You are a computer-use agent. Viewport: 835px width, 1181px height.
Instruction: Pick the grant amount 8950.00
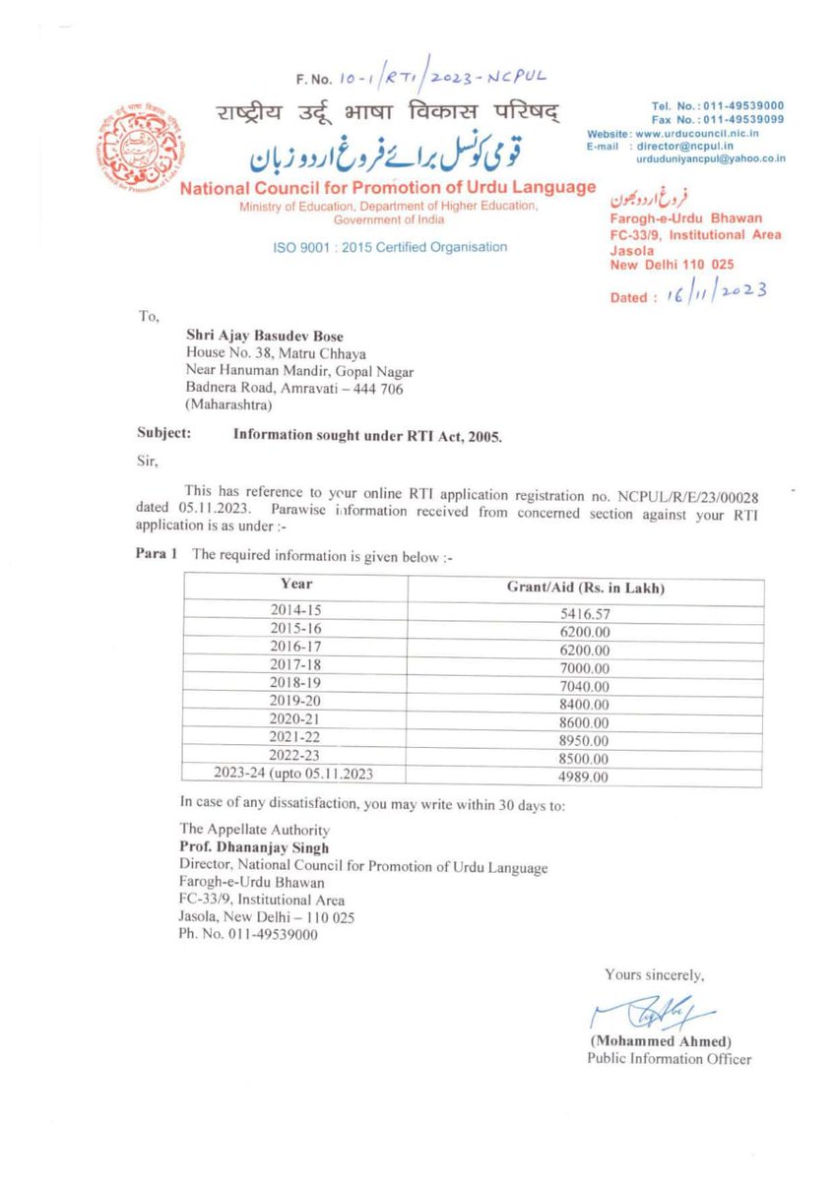coord(585,740)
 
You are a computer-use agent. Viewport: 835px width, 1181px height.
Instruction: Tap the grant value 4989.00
coord(585,777)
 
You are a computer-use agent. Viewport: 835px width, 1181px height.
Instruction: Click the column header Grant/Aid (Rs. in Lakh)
coord(585,588)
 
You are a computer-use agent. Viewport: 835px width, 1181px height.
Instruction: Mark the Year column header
coord(296,584)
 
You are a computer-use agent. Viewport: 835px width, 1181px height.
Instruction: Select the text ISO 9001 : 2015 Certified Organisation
coord(390,247)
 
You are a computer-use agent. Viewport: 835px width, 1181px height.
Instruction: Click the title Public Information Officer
coord(669,1059)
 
